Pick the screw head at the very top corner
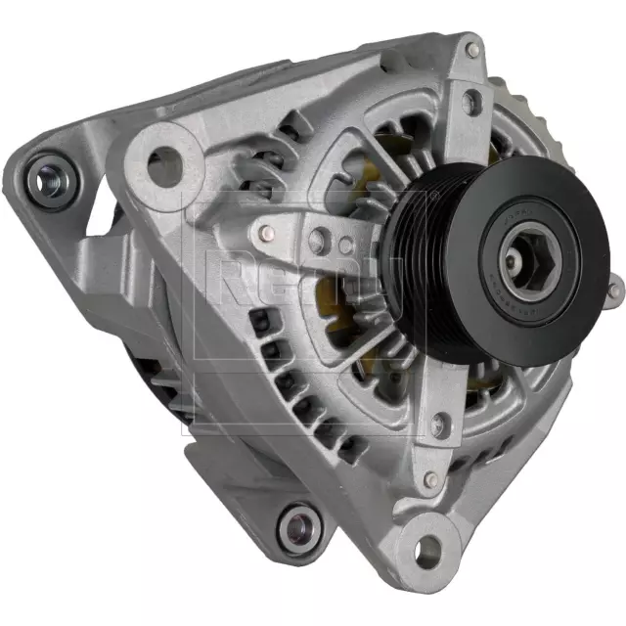(x=473, y=48)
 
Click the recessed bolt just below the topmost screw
(x=474, y=97)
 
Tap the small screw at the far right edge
(x=614, y=284)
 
